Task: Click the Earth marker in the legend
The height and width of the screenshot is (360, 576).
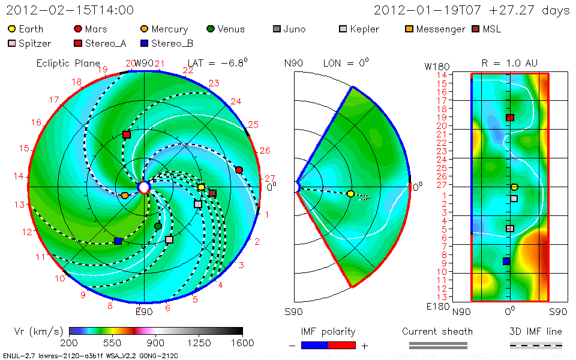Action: point(12,29)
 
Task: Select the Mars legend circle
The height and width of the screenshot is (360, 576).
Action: point(78,29)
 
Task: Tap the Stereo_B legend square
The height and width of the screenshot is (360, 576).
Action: point(144,43)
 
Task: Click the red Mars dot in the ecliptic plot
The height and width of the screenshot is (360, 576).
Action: point(239,170)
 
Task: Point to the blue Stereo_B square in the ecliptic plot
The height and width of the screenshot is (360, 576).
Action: point(118,241)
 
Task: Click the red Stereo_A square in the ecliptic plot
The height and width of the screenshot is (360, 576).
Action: point(127,135)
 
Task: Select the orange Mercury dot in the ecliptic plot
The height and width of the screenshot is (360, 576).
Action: point(125,195)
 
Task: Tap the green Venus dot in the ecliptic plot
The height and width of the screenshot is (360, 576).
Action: point(158,226)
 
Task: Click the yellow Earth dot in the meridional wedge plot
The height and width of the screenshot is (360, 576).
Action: point(350,194)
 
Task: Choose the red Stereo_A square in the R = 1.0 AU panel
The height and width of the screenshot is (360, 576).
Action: point(510,118)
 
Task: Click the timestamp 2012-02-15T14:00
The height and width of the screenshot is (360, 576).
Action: point(70,10)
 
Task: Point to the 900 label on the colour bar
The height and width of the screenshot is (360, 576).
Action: point(155,343)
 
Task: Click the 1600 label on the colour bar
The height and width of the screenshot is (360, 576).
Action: point(242,343)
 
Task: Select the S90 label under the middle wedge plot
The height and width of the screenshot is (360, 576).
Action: point(293,311)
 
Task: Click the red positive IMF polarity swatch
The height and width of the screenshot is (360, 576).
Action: point(342,345)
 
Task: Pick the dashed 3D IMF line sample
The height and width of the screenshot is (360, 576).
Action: point(536,345)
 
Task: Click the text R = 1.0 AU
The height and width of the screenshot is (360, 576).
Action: point(509,63)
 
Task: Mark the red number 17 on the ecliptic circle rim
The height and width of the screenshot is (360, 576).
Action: point(55,100)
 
